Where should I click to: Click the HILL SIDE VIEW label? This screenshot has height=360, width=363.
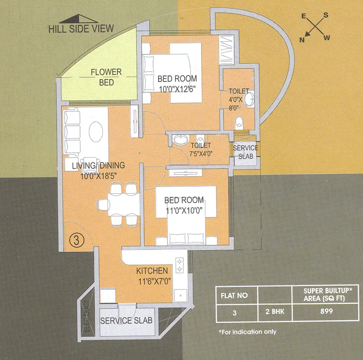tap(81, 28)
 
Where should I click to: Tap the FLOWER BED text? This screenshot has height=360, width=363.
tap(106, 77)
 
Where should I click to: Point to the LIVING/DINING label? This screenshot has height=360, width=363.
tap(98, 165)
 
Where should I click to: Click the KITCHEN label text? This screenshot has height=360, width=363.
tap(152, 271)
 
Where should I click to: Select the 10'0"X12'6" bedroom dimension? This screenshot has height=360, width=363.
tap(177, 88)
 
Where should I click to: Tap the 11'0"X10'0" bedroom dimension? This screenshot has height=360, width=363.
tap(184, 210)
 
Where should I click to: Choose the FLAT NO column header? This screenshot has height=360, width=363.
tap(235, 295)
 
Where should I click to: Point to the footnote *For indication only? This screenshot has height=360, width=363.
tap(247, 332)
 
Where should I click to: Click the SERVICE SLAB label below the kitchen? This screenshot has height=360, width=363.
tap(126, 321)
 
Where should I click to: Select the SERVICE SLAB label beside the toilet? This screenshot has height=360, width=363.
tap(245, 152)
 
